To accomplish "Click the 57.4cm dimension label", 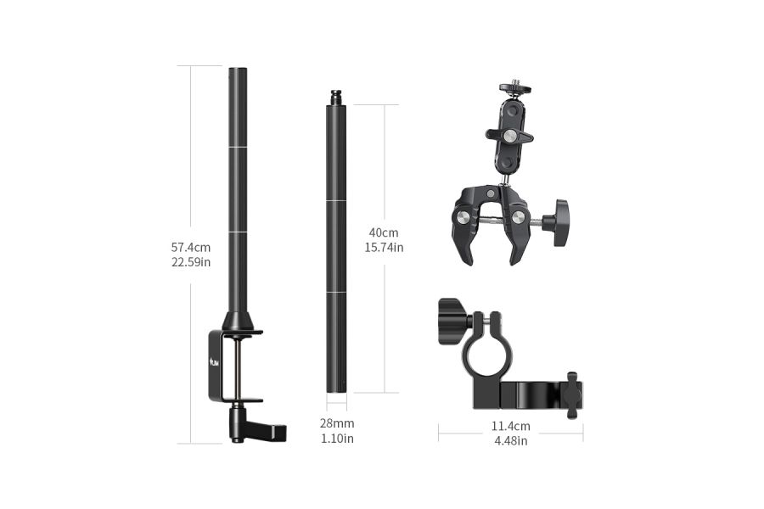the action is (191, 248).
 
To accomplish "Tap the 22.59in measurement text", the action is (191, 262).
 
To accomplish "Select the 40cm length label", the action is (384, 232).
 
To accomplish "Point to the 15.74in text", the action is (384, 248).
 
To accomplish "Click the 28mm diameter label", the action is (337, 423).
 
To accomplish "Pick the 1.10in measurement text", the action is (337, 439).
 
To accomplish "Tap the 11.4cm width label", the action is (510, 426).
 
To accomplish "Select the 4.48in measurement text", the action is (510, 441).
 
